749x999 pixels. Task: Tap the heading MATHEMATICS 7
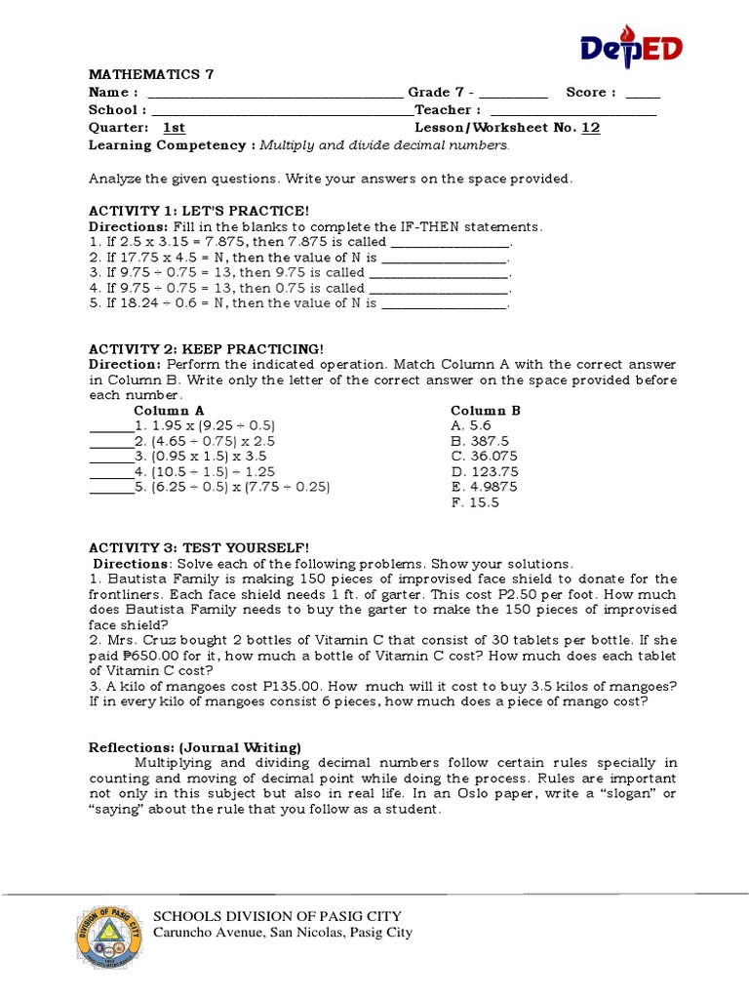point(151,74)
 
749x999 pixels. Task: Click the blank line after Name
point(273,94)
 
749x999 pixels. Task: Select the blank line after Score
point(643,94)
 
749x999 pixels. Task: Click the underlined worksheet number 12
point(590,128)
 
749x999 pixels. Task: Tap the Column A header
point(169,411)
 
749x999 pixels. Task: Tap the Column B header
point(485,411)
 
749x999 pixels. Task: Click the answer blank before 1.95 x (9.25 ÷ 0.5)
point(110,426)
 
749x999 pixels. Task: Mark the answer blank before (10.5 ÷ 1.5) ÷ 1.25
point(110,472)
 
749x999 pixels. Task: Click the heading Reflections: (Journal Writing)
point(195,747)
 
